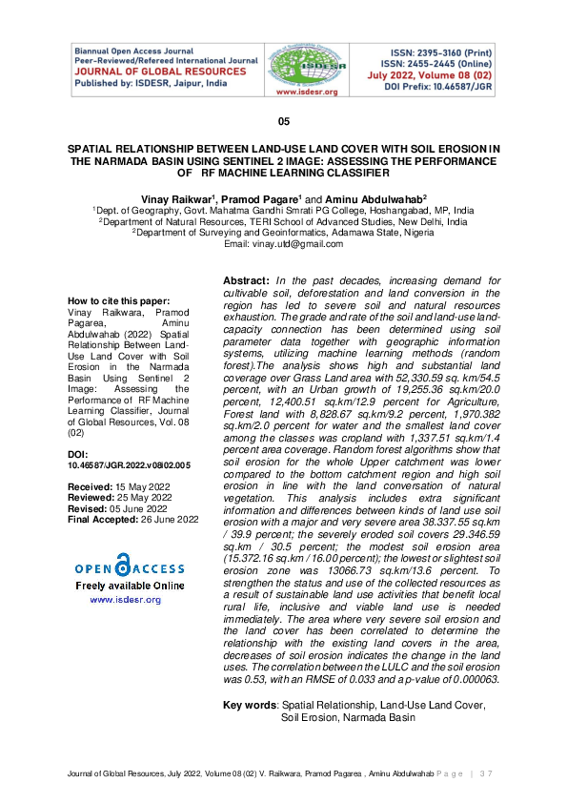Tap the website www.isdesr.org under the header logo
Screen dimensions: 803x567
point(302,93)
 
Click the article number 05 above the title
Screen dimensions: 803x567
point(283,123)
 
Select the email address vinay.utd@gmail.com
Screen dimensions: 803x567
point(283,244)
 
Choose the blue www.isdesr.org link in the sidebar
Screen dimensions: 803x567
point(125,600)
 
